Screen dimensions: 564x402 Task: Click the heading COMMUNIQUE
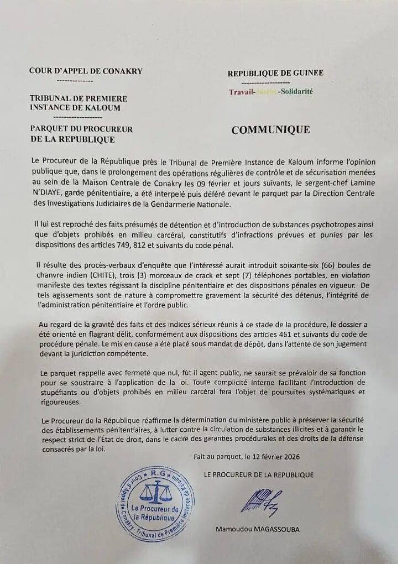[270, 130]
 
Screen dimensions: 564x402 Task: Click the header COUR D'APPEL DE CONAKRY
[86, 71]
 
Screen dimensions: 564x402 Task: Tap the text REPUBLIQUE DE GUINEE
[275, 73]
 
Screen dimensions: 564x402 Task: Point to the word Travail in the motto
[242, 92]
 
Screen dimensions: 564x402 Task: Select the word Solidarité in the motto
[296, 92]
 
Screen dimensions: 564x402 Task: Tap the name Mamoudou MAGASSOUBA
[258, 529]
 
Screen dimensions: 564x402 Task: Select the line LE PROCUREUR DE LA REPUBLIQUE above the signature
[258, 475]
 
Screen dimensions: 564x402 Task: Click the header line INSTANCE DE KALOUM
[75, 108]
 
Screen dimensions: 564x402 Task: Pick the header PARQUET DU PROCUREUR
[81, 129]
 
